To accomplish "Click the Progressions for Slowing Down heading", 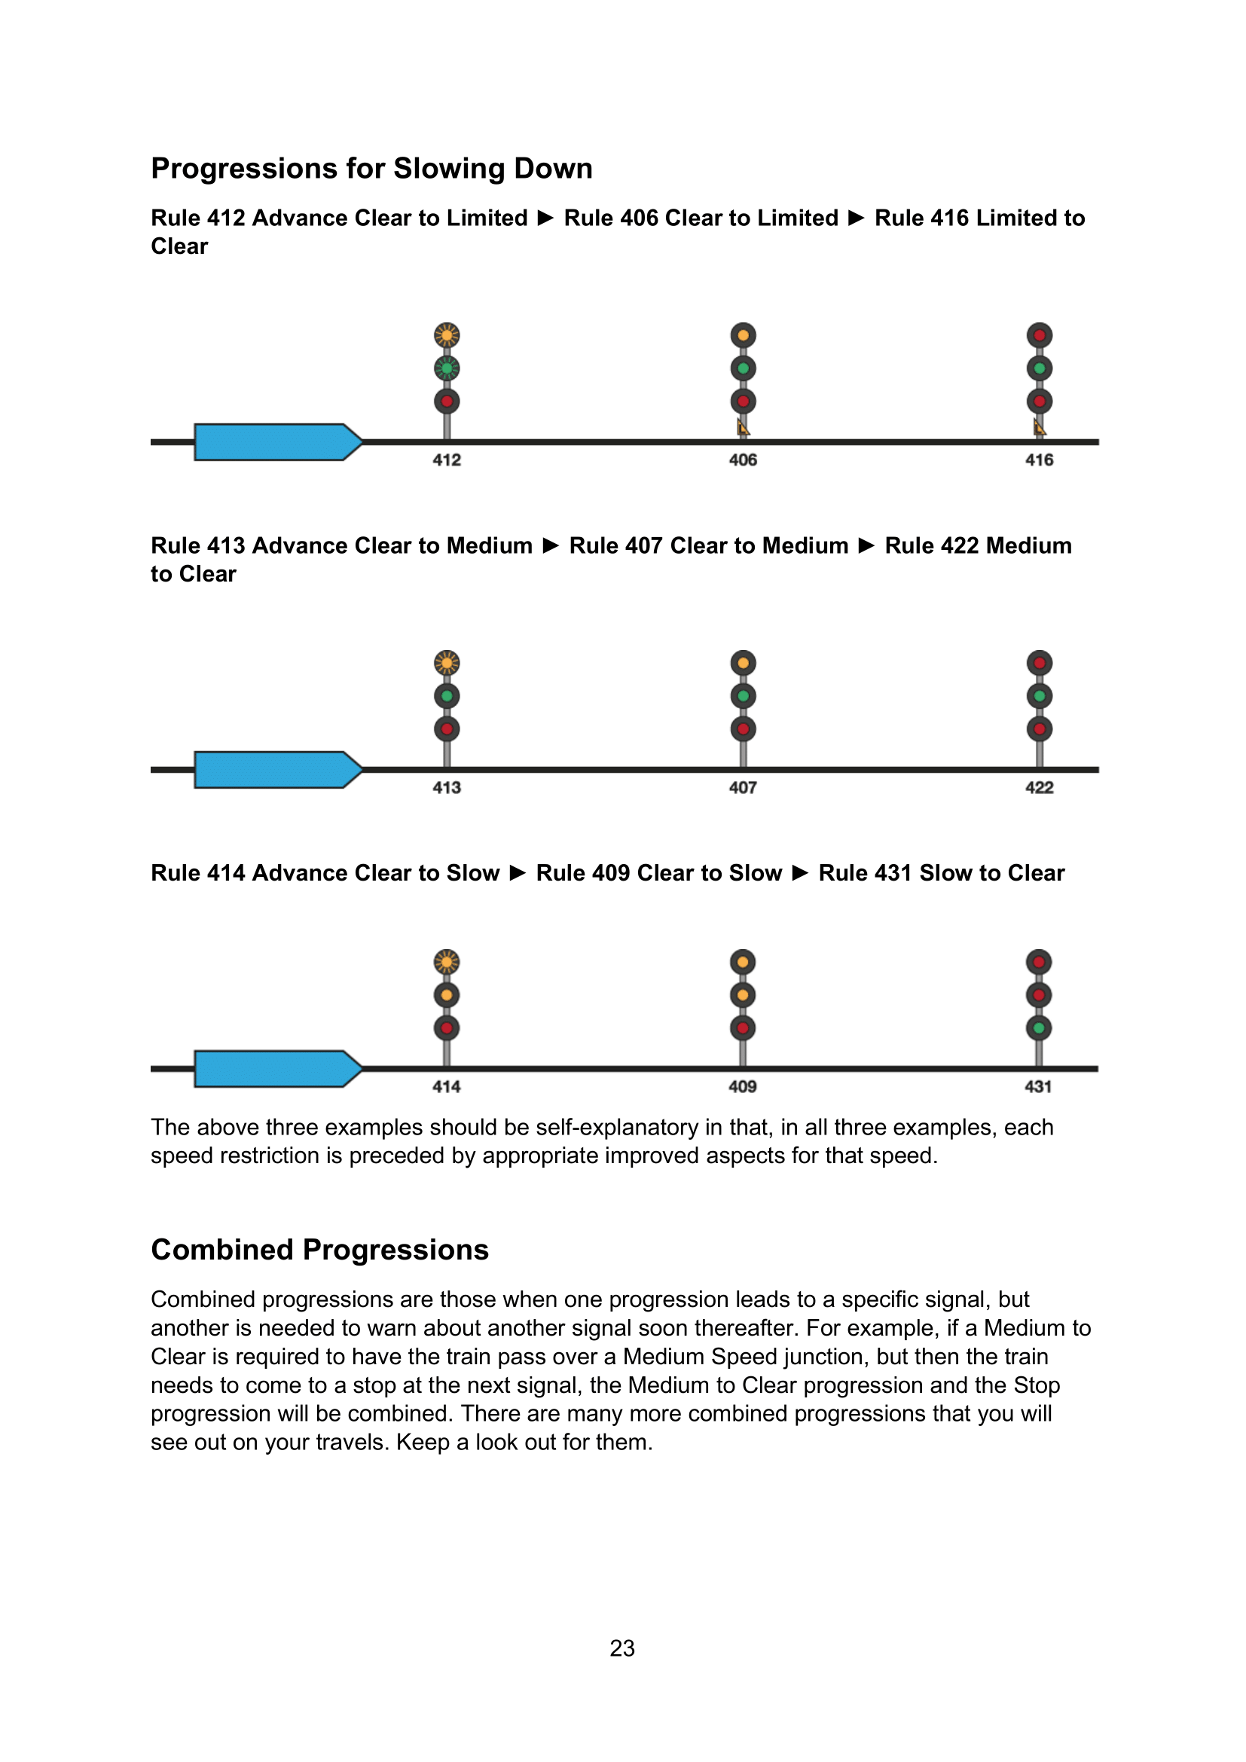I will click(x=371, y=168).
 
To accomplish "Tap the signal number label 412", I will click(x=447, y=460).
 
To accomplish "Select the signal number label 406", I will click(x=743, y=460).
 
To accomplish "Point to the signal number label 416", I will click(x=1039, y=460).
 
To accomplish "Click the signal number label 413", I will click(x=447, y=787).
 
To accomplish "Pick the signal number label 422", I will click(x=1039, y=787).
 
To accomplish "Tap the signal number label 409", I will click(x=743, y=1086).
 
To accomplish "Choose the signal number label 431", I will click(x=1038, y=1086).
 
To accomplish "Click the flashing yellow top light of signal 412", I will click(x=447, y=335).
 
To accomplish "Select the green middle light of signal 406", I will click(x=743, y=368).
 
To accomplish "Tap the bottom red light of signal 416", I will click(x=1039, y=401).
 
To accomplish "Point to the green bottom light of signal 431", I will click(x=1038, y=1028).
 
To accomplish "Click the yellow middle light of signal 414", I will click(x=447, y=994).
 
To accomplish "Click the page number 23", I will click(x=622, y=1647).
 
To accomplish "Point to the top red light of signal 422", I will click(x=1039, y=663).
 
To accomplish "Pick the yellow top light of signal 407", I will click(x=743, y=663).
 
